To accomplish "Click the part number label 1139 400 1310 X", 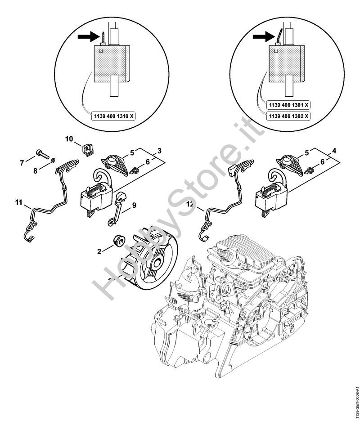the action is click(113, 116).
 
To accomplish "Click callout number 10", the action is click(69, 139).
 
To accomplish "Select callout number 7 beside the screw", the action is click(22, 162).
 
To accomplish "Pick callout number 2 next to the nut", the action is click(99, 251).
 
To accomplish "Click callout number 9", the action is click(134, 205).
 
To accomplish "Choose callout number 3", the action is click(159, 151).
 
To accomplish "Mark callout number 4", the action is click(334, 151).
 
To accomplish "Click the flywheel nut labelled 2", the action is click(118, 240).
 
